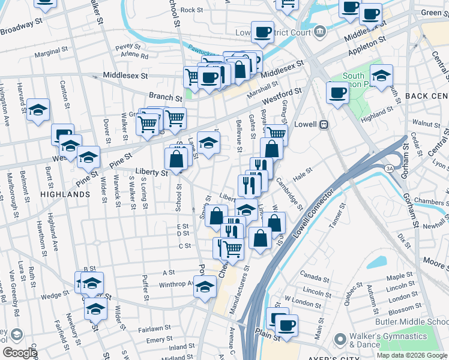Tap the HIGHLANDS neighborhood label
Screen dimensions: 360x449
point(65,195)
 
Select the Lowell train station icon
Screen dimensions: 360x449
point(324,125)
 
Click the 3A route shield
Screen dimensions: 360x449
point(389,169)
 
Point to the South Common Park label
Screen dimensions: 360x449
point(354,80)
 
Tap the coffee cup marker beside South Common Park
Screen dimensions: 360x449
point(337,93)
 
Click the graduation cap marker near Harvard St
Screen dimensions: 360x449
point(38,109)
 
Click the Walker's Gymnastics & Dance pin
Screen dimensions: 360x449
point(340,339)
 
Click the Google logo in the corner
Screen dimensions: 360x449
point(20,353)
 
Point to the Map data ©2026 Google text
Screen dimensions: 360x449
point(411,355)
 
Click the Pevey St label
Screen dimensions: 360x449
point(128,46)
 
